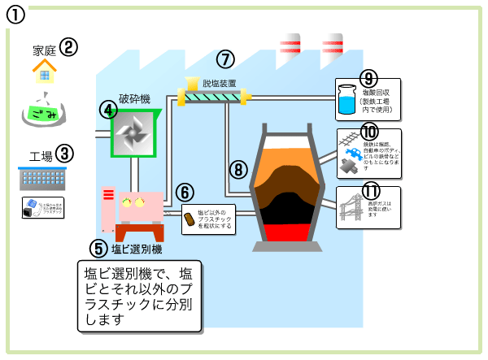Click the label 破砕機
pos(134,98)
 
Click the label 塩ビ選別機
pos(136,248)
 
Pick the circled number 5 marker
pos(98,248)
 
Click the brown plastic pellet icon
pos(189,219)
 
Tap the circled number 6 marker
pos(185,193)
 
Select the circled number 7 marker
pos(226,59)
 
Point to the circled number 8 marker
pos(237,169)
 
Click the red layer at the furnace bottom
pos(291,232)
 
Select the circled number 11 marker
pos(371,192)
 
